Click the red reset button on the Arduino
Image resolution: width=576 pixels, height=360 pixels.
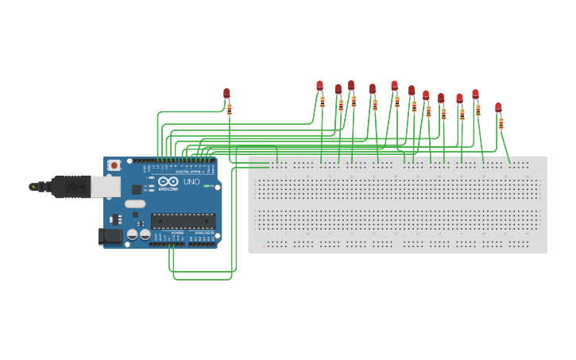click(114, 165)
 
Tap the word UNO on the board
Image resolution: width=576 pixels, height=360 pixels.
click(191, 182)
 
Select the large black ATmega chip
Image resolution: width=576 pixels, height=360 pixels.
click(183, 221)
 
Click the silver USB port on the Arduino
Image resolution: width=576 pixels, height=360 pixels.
click(105, 186)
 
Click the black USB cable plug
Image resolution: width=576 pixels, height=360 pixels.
click(71, 186)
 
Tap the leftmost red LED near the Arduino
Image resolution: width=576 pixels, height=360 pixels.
click(226, 93)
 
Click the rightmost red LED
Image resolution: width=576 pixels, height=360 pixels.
click(498, 107)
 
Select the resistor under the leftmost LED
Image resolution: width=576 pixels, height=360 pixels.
click(230, 109)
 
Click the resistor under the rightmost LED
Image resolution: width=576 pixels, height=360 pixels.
click(501, 123)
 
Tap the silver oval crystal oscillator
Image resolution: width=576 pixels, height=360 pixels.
click(135, 203)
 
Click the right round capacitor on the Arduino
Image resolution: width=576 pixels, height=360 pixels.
click(145, 234)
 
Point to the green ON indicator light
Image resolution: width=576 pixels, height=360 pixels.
click(206, 186)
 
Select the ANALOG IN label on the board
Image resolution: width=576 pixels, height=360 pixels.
click(202, 232)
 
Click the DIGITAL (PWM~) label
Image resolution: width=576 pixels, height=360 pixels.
click(187, 171)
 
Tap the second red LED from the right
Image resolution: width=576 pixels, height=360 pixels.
click(475, 94)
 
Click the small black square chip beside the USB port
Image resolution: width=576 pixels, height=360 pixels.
click(137, 189)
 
